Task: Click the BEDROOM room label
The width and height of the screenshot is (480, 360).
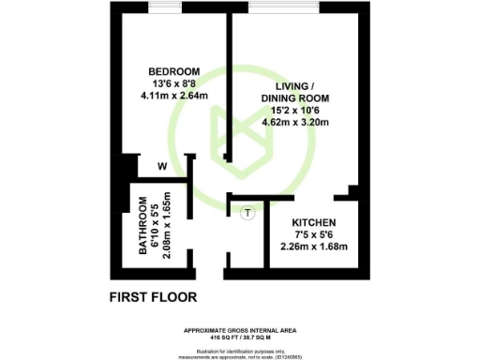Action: (175, 72)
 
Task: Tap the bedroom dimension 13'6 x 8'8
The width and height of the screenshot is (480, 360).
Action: (175, 82)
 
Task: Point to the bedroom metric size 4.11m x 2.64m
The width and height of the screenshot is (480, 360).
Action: (175, 94)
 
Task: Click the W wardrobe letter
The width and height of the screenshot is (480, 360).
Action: (162, 168)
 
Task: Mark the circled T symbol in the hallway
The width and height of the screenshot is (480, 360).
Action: (247, 213)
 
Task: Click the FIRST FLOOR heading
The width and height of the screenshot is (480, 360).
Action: (153, 298)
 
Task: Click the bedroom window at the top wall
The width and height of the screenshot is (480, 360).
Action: (166, 8)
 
